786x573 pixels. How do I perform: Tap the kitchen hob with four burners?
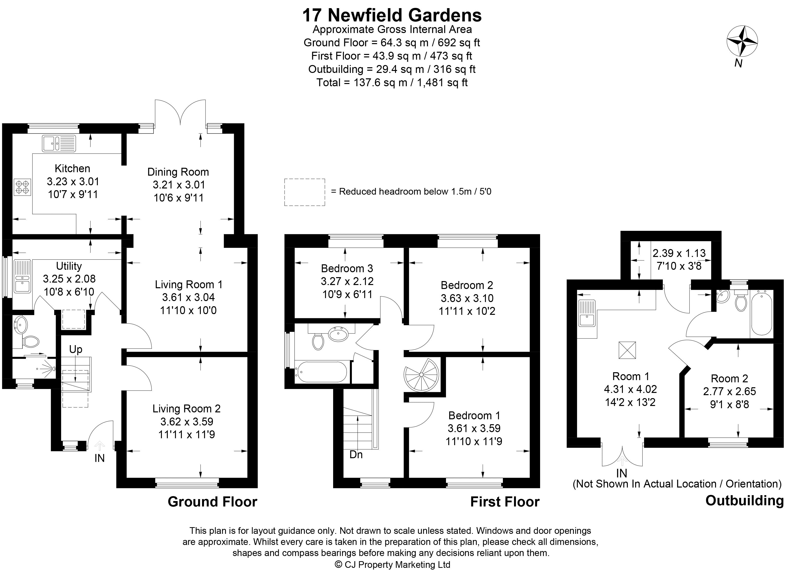tap(22, 186)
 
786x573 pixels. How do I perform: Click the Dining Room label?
tap(178, 172)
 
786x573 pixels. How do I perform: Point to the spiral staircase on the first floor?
tap(421, 375)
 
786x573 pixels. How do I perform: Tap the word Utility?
tap(69, 266)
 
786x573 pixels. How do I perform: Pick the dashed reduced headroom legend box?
tap(305, 192)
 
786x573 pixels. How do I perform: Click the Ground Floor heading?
tap(212, 502)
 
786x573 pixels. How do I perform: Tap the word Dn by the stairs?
tap(356, 454)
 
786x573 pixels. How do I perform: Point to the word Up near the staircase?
tap(76, 349)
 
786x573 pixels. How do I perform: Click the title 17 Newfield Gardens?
tap(392, 15)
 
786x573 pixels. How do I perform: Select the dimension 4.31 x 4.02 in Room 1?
tap(630, 389)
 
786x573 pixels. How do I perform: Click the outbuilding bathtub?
tap(761, 313)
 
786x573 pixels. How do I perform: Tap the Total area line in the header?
tap(392, 83)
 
